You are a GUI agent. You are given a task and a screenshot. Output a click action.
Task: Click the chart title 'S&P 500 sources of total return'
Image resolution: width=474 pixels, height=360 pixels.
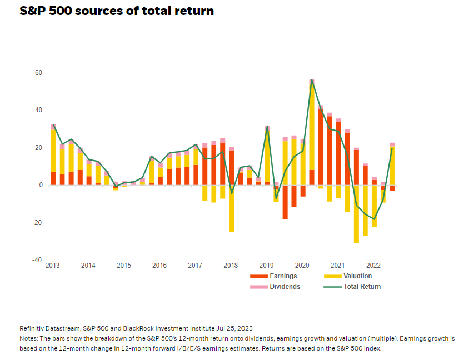pyautogui.click(x=117, y=11)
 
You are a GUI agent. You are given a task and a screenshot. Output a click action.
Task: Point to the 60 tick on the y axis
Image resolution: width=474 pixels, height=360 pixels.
pyautogui.click(x=39, y=73)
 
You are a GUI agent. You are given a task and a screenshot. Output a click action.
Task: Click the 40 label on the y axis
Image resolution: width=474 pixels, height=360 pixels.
pyautogui.click(x=39, y=110)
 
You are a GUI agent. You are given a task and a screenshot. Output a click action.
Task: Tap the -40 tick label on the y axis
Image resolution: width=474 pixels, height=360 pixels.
pyautogui.click(x=37, y=260)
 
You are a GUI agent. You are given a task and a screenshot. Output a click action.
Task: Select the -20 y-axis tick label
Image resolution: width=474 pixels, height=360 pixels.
pyautogui.click(x=37, y=223)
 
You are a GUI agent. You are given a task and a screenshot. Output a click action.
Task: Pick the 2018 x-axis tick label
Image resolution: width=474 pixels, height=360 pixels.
pyautogui.click(x=231, y=266)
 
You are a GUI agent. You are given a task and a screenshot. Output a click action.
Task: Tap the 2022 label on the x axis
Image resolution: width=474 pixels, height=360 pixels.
pyautogui.click(x=373, y=266)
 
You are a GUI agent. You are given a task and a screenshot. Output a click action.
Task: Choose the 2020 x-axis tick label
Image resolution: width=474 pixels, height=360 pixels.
pyautogui.click(x=302, y=266)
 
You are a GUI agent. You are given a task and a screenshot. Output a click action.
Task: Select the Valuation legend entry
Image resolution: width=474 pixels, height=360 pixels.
pyautogui.click(x=357, y=276)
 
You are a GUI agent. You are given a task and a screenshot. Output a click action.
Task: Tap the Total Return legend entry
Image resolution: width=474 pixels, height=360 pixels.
pyautogui.click(x=362, y=287)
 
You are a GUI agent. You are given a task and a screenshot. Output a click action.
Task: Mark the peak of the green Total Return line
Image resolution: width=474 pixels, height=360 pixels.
pyautogui.click(x=312, y=79)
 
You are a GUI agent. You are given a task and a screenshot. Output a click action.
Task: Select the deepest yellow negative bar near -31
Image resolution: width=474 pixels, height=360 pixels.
pyautogui.click(x=356, y=214)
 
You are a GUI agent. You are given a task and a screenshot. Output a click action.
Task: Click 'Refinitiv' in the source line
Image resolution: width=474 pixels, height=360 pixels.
pyautogui.click(x=33, y=328)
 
